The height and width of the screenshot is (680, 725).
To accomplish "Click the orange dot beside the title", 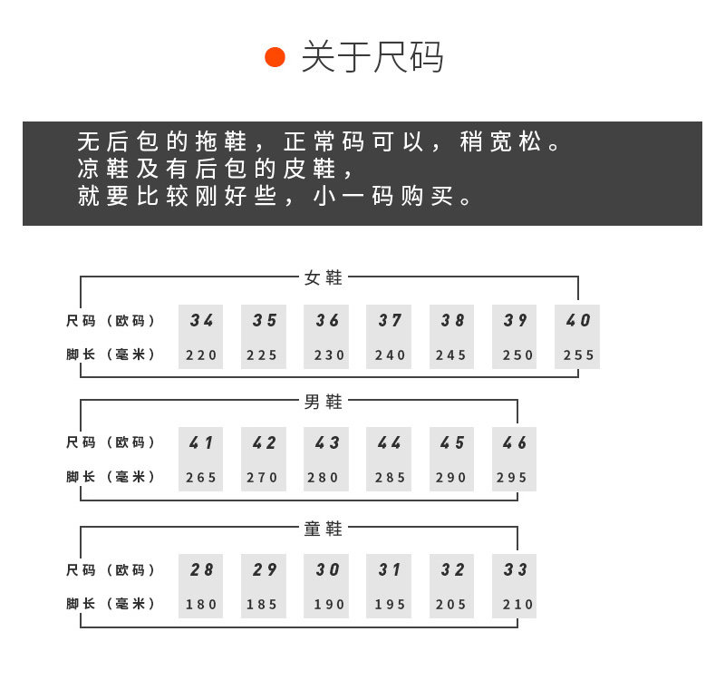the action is (x=275, y=57).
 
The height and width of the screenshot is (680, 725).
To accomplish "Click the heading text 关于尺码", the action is (x=372, y=57).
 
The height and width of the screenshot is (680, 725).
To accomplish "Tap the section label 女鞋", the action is (x=324, y=277).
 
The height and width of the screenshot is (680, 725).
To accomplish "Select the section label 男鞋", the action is (x=324, y=401).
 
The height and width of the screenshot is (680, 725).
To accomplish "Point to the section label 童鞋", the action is (x=324, y=528).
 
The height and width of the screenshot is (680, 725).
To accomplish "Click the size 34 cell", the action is (x=202, y=320).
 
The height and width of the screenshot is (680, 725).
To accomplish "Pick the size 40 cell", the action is (x=578, y=320).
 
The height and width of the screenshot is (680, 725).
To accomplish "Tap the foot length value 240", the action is (x=391, y=355).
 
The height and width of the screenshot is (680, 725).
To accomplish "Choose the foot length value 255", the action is (x=579, y=355).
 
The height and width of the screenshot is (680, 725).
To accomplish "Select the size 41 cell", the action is (x=202, y=443).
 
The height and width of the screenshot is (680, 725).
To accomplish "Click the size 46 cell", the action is (x=515, y=443).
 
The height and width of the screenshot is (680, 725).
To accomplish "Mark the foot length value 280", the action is (x=327, y=478).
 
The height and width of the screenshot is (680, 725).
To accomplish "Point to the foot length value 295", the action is (x=515, y=478).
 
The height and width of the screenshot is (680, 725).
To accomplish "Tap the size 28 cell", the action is (x=202, y=570).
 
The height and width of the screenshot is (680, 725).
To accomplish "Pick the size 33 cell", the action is (x=515, y=570).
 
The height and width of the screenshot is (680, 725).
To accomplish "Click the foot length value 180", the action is (x=202, y=605).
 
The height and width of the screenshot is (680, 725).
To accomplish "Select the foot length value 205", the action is (x=452, y=605).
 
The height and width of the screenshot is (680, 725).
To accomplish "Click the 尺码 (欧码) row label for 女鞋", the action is (x=111, y=321).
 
